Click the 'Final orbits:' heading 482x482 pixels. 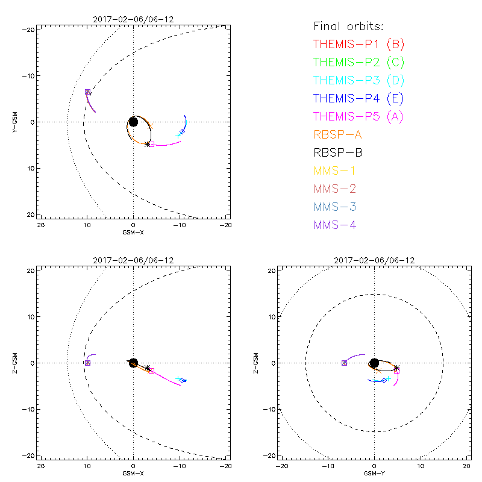348,26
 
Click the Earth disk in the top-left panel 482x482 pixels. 133,122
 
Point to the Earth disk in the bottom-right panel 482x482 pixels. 374,363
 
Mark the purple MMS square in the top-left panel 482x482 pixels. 87,92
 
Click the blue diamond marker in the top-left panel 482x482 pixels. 182,131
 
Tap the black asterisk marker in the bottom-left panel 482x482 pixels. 147,368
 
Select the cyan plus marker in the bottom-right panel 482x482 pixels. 389,379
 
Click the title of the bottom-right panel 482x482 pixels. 374,260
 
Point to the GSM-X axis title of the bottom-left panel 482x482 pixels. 133,473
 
